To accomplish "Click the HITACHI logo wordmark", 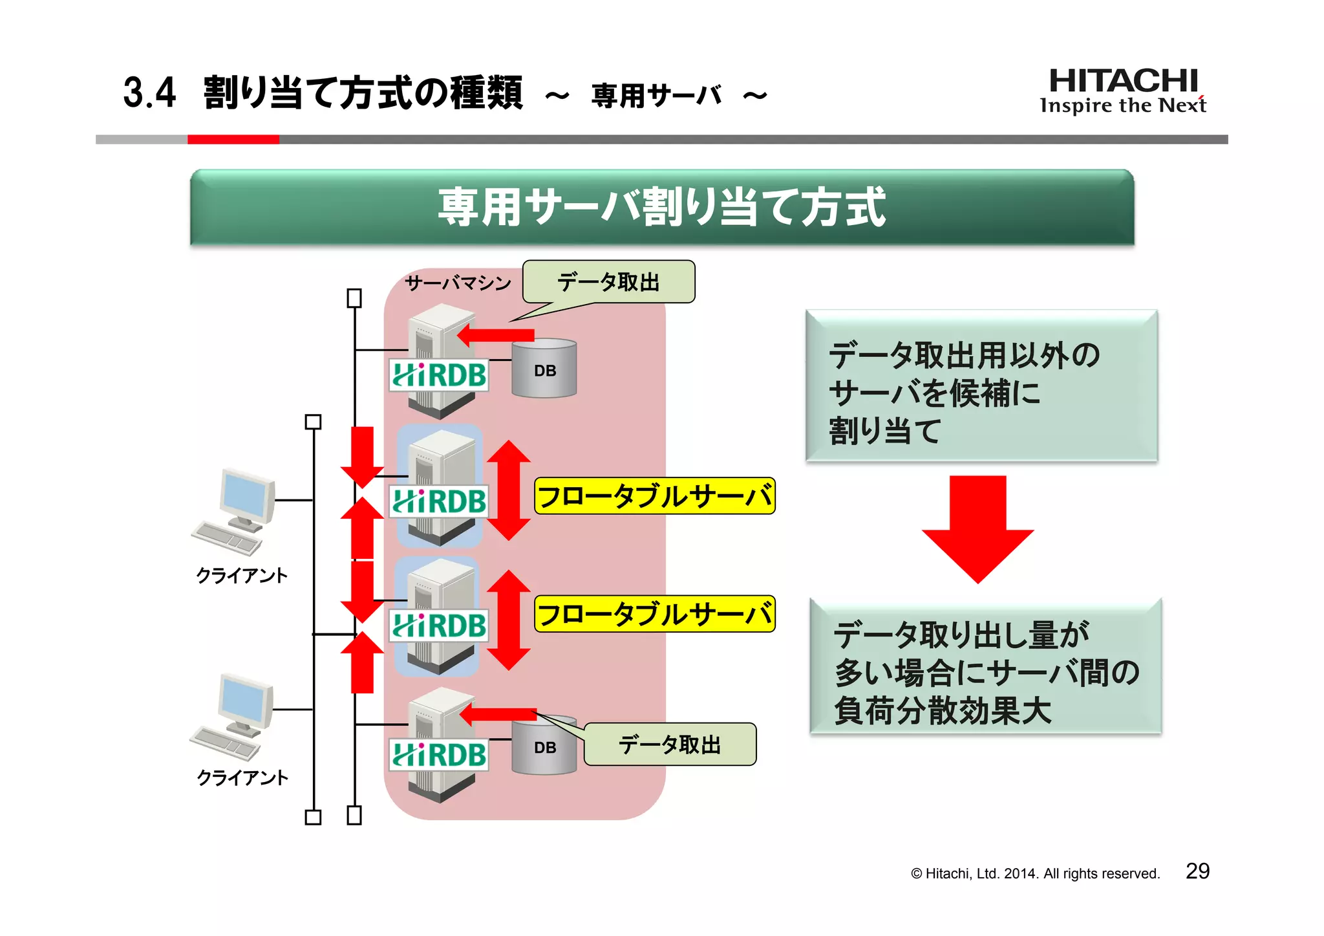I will pyautogui.click(x=1123, y=82).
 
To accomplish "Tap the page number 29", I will pyautogui.click(x=1197, y=871).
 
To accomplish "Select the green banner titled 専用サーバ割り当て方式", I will pyautogui.click(x=661, y=208).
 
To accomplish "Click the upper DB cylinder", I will pyautogui.click(x=544, y=369).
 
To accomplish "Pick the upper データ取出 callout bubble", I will pyautogui.click(x=608, y=283).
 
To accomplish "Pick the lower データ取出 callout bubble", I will pyautogui.click(x=670, y=745).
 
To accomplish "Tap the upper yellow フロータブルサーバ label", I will pyautogui.click(x=654, y=496).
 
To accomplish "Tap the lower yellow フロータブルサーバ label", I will pyautogui.click(x=654, y=614).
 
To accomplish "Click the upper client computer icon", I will pyautogui.click(x=237, y=511).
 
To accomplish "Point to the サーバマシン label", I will pyautogui.click(x=458, y=283).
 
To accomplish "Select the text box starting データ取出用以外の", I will pyautogui.click(x=981, y=386).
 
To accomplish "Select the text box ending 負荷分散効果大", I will pyautogui.click(x=985, y=667).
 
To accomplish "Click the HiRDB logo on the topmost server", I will pyautogui.click(x=439, y=375).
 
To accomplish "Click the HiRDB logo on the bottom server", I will pyautogui.click(x=439, y=755).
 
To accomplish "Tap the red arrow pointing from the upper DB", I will pyautogui.click(x=496, y=336).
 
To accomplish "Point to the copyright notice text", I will pyautogui.click(x=1035, y=874).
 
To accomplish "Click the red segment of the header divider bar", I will pyautogui.click(x=233, y=139).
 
